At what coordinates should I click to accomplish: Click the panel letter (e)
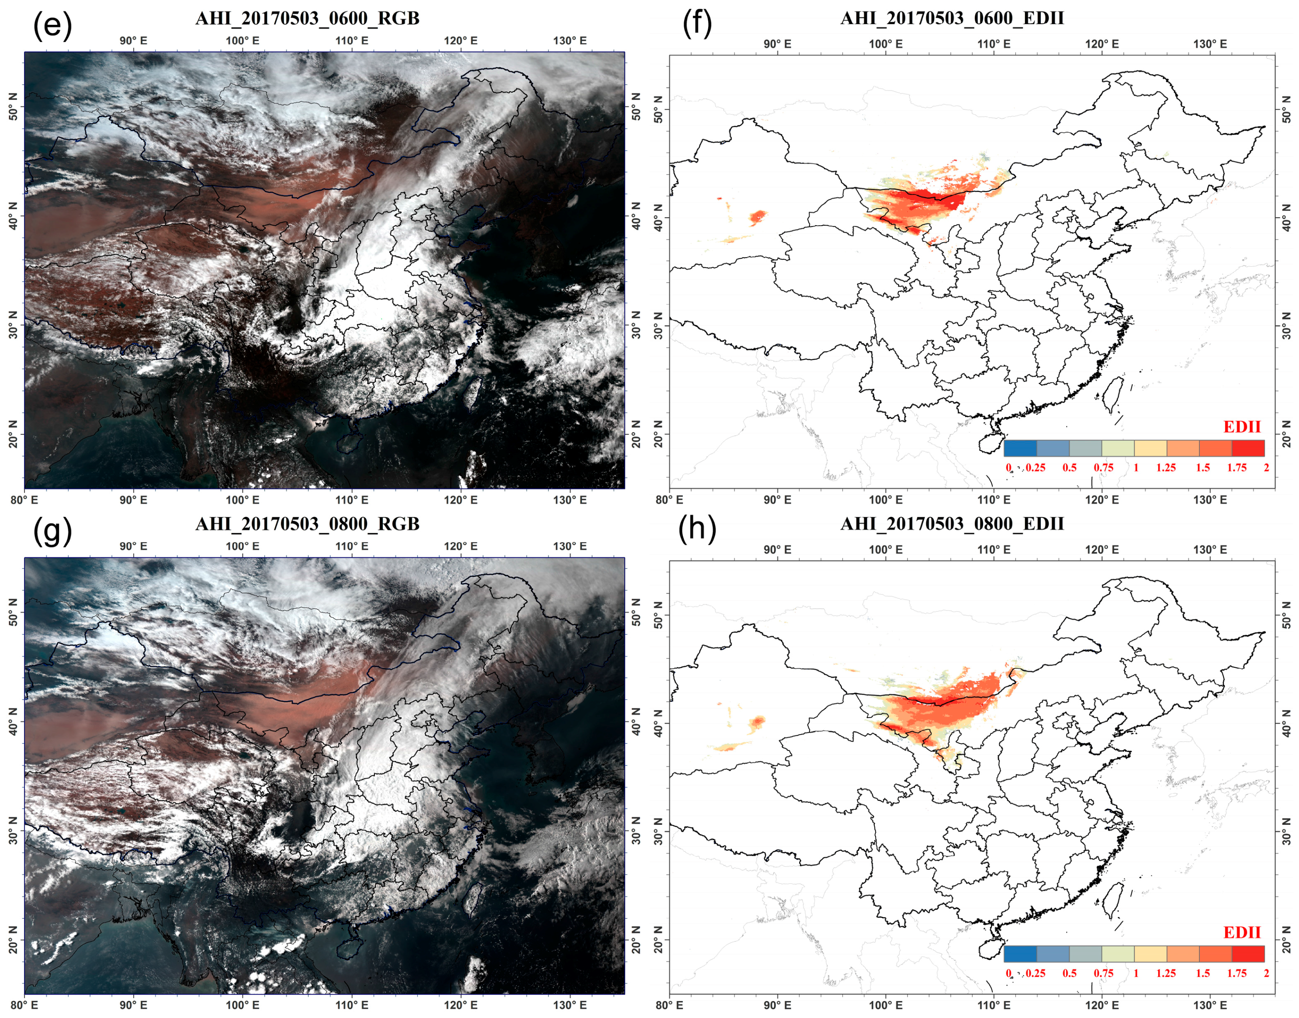click(x=52, y=25)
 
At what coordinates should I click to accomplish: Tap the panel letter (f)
click(x=697, y=25)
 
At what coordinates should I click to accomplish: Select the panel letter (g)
click(x=52, y=530)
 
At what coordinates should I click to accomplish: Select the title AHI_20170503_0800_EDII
click(x=952, y=524)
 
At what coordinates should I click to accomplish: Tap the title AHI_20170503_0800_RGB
click(x=307, y=524)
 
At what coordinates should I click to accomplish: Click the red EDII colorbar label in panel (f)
click(x=1242, y=427)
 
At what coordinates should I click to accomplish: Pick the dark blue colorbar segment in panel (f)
click(x=1020, y=448)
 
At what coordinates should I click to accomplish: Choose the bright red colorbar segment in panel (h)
click(x=1248, y=954)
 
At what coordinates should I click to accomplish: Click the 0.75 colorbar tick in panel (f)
click(x=1103, y=467)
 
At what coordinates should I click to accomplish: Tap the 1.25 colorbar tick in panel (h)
click(x=1166, y=973)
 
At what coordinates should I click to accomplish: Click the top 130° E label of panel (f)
click(x=1210, y=44)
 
